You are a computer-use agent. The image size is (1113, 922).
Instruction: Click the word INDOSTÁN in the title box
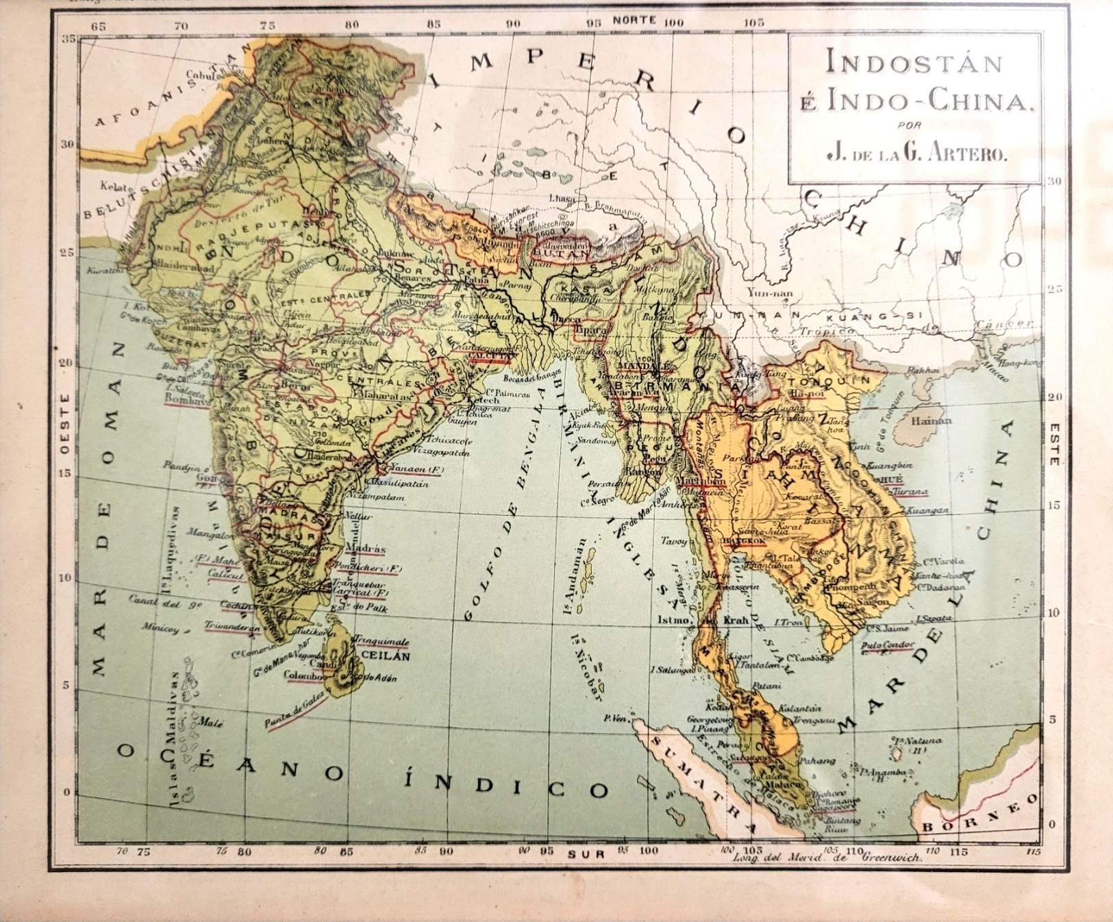(914, 63)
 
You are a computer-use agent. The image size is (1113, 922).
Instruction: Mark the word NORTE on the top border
(634, 19)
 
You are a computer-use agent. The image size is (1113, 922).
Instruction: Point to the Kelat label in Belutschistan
(111, 186)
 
